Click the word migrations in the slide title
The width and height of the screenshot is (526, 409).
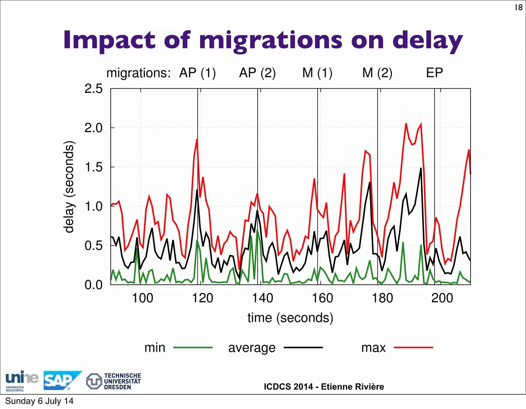pyautogui.click(x=270, y=41)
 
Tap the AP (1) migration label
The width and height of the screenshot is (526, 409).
pyautogui.click(x=197, y=73)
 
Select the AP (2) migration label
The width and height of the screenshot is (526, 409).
pyautogui.click(x=257, y=73)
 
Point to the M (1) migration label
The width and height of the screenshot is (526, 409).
pyautogui.click(x=317, y=73)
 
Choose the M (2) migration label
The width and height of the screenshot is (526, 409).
pyautogui.click(x=377, y=73)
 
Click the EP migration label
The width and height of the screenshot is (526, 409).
pyautogui.click(x=434, y=73)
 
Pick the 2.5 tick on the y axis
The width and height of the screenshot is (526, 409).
pyautogui.click(x=93, y=89)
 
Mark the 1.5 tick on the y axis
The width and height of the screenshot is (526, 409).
pyautogui.click(x=93, y=167)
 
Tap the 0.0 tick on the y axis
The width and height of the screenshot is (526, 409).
pyautogui.click(x=93, y=285)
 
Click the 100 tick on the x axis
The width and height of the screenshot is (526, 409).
pyautogui.click(x=143, y=298)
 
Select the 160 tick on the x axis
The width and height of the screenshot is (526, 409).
pyautogui.click(x=322, y=298)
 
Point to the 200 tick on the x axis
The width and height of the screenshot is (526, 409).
pyautogui.click(x=442, y=298)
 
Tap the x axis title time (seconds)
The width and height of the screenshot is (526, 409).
pyautogui.click(x=290, y=318)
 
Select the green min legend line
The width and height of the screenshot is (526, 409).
pyautogui.click(x=193, y=348)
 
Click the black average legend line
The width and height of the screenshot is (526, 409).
pyautogui.click(x=303, y=348)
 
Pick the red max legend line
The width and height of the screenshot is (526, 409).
pyautogui.click(x=413, y=348)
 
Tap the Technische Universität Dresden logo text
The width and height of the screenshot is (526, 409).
pyautogui.click(x=122, y=381)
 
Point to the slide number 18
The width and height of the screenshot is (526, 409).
pyautogui.click(x=519, y=8)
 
